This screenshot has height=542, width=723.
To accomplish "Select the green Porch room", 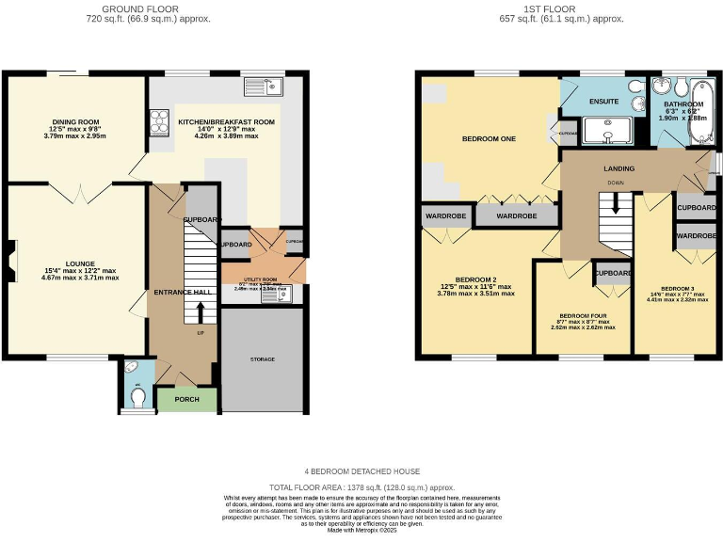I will [x=186, y=398].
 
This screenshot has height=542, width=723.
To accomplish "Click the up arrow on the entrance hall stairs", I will [x=199, y=311].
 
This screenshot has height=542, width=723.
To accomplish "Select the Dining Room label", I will [x=76, y=122].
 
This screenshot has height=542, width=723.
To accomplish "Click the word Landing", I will [x=619, y=168].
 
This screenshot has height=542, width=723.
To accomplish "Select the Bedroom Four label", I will [x=582, y=315].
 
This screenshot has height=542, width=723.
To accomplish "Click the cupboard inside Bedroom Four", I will [x=612, y=274].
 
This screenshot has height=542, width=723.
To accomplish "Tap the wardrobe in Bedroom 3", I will [x=697, y=235].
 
